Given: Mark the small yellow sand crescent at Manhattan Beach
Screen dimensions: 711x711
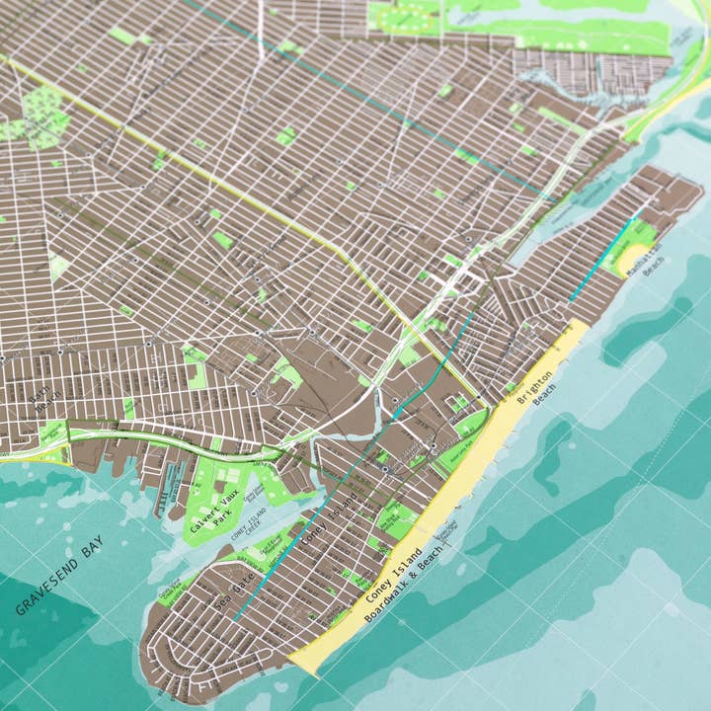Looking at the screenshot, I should pyautogui.click(x=629, y=259).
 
